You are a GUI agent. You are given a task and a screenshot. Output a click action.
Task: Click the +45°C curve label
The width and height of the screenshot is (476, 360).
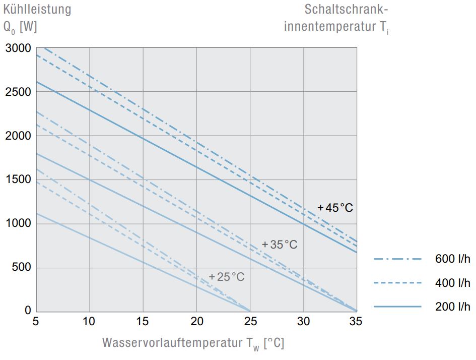tap(335, 207)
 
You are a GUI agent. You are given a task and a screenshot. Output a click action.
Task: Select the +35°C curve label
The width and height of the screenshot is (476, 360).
tap(280, 245)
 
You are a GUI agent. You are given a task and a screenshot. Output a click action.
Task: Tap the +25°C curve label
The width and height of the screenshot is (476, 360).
tap(227, 277)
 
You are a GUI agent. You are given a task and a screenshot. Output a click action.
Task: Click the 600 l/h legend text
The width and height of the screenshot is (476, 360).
tap(452, 259)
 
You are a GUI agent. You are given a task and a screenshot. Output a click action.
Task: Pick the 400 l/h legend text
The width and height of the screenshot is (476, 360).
tap(452, 283)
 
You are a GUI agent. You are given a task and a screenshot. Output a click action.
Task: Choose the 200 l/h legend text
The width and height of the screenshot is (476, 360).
tap(452, 307)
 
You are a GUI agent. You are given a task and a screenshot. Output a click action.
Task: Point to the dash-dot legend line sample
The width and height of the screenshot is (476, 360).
tap(397, 259)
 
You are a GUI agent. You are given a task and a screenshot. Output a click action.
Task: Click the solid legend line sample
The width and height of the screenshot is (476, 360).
tap(397, 307)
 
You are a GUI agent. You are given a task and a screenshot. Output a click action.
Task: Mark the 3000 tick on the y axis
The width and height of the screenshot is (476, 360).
tap(19, 48)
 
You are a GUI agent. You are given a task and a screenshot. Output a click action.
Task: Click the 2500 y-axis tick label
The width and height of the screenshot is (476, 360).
tap(19, 92)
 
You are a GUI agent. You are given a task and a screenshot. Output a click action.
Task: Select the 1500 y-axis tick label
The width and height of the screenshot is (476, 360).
tap(19, 180)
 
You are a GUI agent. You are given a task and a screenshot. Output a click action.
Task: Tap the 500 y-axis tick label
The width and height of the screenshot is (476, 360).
tap(22, 267)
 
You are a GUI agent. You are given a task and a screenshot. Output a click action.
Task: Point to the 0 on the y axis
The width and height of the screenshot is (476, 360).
tap(28, 311)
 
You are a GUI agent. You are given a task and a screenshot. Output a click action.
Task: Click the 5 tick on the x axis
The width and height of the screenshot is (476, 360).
tap(36, 321)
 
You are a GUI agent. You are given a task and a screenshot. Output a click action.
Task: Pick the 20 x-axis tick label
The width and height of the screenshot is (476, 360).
tap(197, 321)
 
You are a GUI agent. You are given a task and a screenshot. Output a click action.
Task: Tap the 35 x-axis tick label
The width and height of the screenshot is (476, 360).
tap(356, 321)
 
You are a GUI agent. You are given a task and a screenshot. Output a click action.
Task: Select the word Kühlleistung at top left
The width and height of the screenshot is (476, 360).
tap(37, 9)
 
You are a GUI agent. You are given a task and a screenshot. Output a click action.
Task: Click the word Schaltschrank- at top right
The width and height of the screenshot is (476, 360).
tap(347, 9)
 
